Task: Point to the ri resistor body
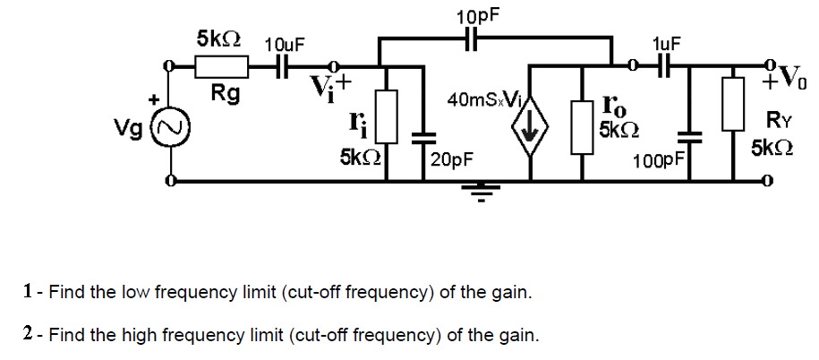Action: tap(387, 116)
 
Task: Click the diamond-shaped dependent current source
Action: tap(529, 133)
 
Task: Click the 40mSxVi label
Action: tap(481, 101)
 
